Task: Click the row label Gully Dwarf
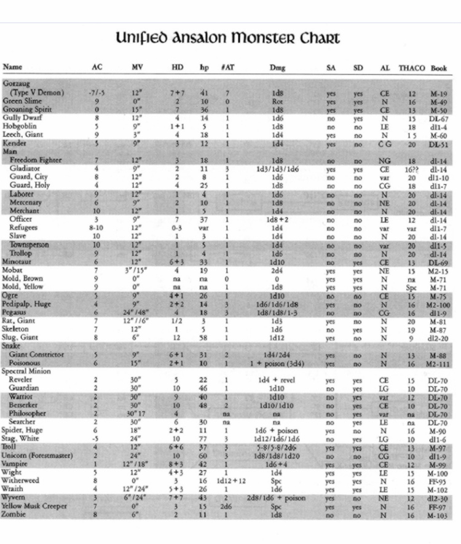[19, 117]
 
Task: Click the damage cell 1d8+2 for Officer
[277, 219]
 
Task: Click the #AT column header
[227, 67]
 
